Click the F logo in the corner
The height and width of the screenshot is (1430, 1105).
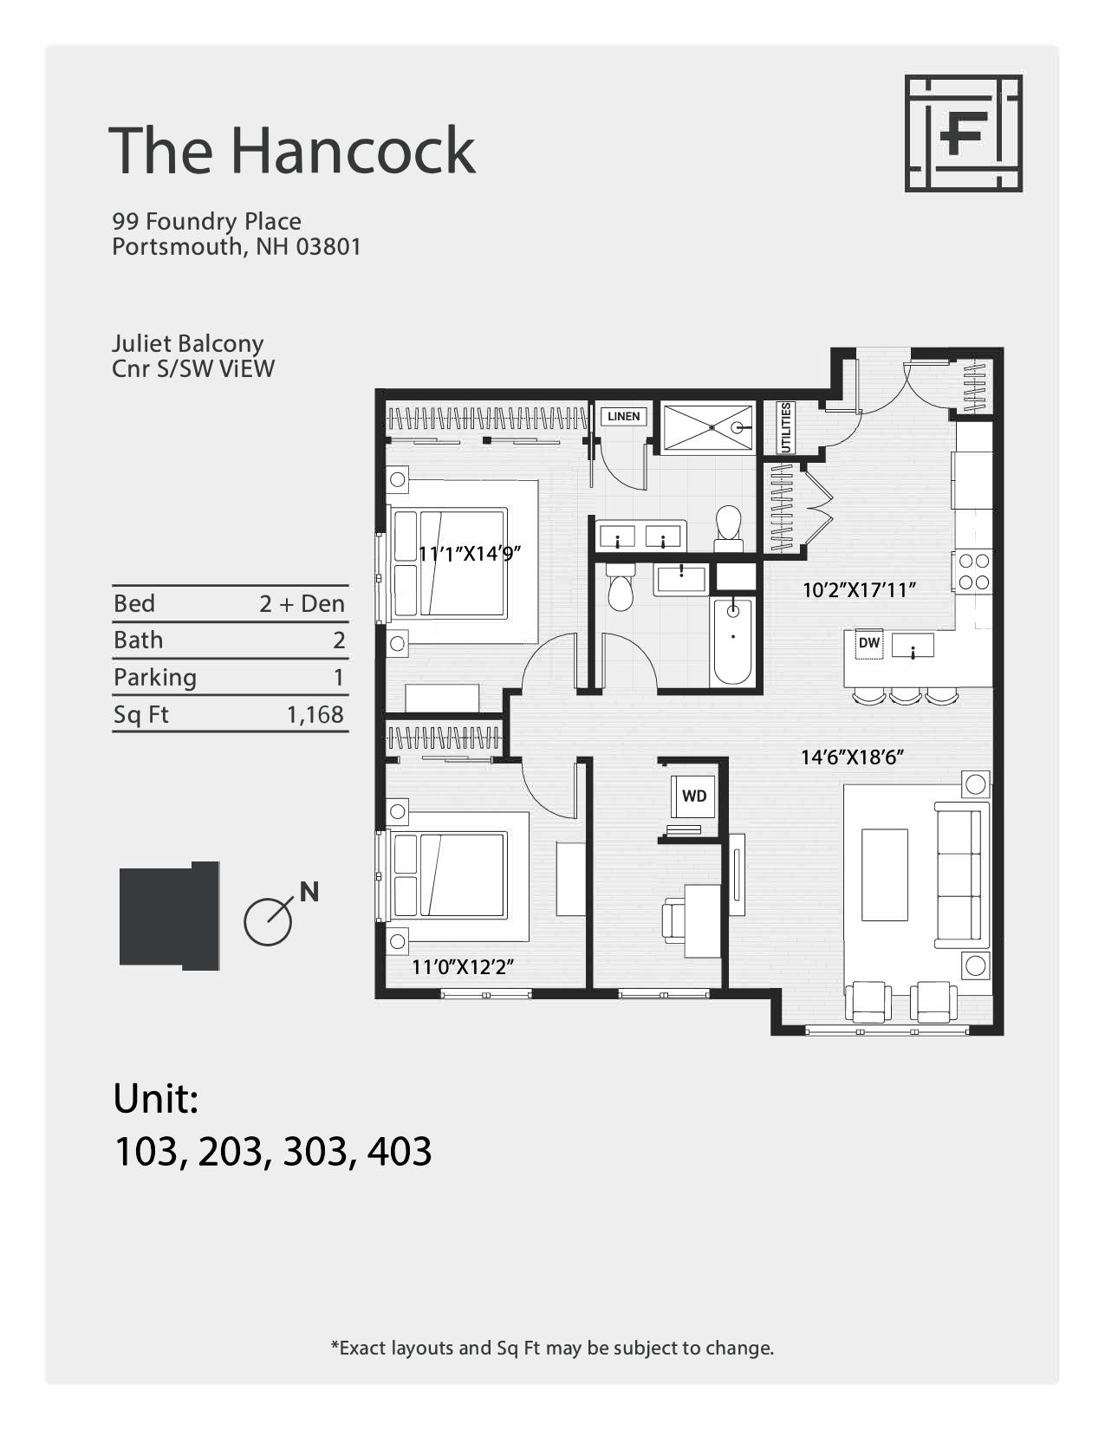coord(964,133)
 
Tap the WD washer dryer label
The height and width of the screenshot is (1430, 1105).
coord(694,796)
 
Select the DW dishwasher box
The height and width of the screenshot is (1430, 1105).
coord(868,643)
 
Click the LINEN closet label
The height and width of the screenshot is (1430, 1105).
coord(624,416)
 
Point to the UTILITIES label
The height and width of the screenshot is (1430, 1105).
coord(786,427)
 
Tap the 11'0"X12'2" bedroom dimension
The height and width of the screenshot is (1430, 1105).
coord(463,967)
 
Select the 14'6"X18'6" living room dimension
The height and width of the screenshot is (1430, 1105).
coord(852,757)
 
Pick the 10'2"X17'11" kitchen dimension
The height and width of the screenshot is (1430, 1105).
coord(859,590)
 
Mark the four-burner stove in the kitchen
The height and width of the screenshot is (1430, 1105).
coord(973,572)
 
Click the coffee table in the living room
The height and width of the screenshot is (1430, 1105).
coord(884,874)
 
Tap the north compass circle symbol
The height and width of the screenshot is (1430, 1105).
coord(268,921)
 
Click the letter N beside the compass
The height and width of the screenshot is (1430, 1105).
coord(309,891)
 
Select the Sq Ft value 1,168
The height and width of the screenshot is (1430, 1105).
coord(315,715)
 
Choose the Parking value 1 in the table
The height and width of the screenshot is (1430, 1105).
coord(339,678)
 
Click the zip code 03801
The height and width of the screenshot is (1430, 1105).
coord(328,247)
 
